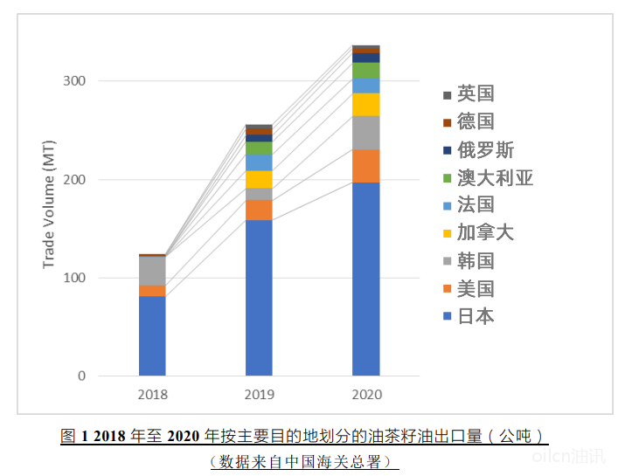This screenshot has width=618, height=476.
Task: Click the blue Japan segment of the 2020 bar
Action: coord(365,279)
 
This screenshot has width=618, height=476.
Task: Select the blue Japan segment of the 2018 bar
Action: coord(152,335)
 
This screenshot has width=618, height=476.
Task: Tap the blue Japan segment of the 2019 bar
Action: coord(259,297)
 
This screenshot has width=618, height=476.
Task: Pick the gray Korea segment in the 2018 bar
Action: coord(152,271)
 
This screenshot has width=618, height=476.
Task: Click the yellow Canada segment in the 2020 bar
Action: coord(365,105)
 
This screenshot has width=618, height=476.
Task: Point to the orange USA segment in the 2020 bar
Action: coord(365,166)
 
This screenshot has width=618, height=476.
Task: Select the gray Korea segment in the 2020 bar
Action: coord(365,133)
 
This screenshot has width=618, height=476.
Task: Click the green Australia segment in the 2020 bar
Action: coord(365,70)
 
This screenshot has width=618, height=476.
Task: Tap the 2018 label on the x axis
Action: coord(152,395)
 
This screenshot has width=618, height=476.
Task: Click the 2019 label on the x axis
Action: coord(259,395)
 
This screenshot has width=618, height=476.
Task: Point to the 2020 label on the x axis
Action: coord(365,395)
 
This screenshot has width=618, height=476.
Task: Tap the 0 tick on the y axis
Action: coord(81,376)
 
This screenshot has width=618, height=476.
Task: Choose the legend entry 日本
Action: coord(475,315)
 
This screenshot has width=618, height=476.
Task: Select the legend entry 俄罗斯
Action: coord(485,150)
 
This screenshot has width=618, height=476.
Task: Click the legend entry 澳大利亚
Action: coord(494,178)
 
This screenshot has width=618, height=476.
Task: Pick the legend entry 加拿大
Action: coord(485,232)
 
